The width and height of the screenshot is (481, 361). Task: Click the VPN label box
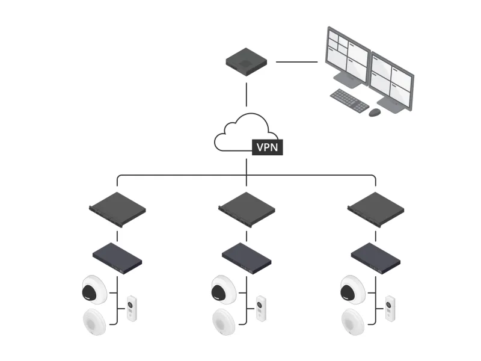click(267, 147)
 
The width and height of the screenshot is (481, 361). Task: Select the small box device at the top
click(247, 62)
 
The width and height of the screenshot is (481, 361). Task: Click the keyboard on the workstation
click(349, 100)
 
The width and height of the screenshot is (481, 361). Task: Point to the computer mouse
click(375, 113)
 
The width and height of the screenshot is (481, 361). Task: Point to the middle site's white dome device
click(223, 322)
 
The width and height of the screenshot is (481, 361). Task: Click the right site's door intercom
click(391, 308)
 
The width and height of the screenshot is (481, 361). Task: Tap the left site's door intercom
click(132, 308)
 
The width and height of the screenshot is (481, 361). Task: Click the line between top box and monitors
click(296, 61)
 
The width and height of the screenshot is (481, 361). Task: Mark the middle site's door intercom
click(262, 308)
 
